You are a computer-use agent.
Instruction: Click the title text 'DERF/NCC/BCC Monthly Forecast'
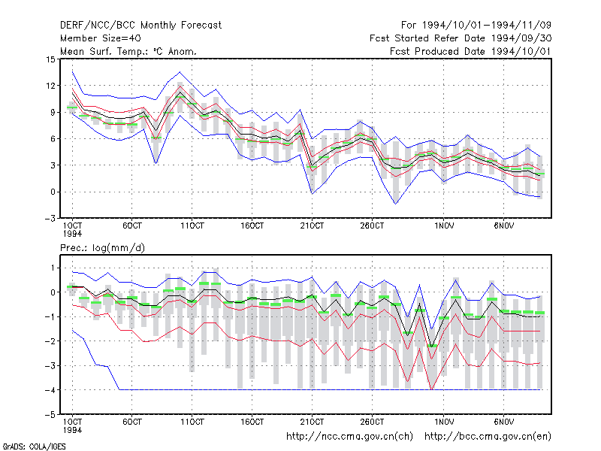click(140, 26)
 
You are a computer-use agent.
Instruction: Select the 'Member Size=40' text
click(101, 38)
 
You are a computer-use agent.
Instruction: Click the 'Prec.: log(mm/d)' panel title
click(102, 248)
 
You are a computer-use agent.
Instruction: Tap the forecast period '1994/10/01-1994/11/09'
click(487, 26)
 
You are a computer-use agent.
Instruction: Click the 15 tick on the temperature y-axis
click(50, 59)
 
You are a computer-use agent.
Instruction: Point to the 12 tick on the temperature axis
click(50, 86)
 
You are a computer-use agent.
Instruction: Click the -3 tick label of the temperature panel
click(50, 219)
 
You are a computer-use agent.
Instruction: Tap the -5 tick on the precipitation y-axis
click(50, 415)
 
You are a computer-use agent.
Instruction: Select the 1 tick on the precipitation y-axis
click(53, 268)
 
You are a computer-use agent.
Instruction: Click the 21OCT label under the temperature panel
click(312, 225)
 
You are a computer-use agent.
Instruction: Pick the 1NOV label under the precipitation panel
click(444, 422)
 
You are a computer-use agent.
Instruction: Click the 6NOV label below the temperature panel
click(503, 225)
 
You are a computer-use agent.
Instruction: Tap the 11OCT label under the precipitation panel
click(192, 422)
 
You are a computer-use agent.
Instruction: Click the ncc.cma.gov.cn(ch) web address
click(349, 437)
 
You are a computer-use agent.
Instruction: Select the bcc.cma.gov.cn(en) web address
click(488, 437)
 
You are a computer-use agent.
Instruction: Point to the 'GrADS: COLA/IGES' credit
click(34, 446)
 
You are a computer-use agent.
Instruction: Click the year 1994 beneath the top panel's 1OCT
click(72, 234)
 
